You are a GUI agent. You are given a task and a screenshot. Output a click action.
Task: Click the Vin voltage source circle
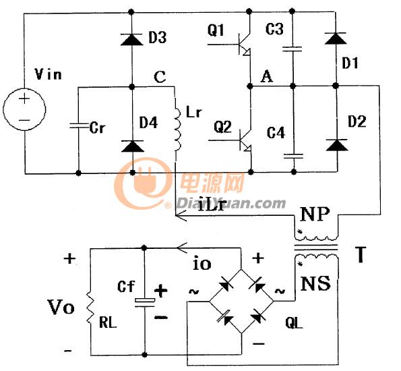pyautogui.click(x=24, y=109)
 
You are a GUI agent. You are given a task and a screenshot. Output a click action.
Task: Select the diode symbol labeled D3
pyautogui.click(x=131, y=39)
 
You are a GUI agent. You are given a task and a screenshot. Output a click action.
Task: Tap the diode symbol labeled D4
pyautogui.click(x=132, y=146)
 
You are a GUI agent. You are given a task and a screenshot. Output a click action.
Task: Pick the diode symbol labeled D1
pyautogui.click(x=336, y=38)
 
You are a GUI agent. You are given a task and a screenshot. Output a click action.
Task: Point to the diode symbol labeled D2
pyautogui.click(x=337, y=145)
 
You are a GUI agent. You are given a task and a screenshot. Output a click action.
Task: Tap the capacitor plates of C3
pyautogui.click(x=292, y=49)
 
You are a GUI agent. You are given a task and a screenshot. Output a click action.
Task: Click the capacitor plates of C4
pyautogui.click(x=294, y=156)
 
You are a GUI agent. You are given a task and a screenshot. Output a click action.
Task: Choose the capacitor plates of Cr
pyautogui.click(x=78, y=125)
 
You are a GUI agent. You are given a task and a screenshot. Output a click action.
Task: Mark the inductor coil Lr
pyautogui.click(x=177, y=130)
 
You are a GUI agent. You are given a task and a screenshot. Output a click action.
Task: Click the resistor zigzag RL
pyautogui.click(x=90, y=308)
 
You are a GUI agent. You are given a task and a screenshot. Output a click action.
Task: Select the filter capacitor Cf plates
pyautogui.click(x=144, y=302)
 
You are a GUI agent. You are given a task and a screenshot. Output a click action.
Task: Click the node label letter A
pyautogui.click(x=267, y=76)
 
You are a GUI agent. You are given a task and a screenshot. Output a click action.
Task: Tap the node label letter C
pyautogui.click(x=160, y=76)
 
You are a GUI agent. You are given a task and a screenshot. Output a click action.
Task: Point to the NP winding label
pyautogui.click(x=315, y=215)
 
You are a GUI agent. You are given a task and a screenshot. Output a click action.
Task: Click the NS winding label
pyautogui.click(x=315, y=283)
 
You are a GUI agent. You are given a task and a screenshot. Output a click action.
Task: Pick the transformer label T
pyautogui.click(x=361, y=254)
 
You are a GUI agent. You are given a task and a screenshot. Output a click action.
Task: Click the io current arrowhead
pyautogui.click(x=182, y=248)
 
